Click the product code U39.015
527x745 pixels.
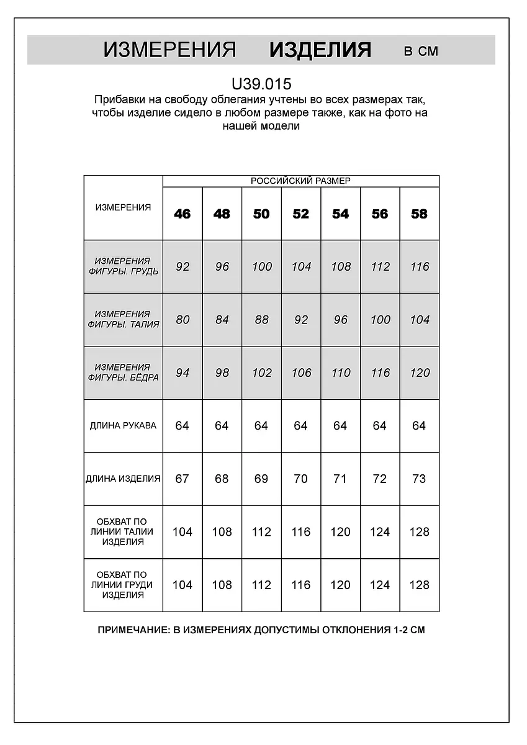[x=261, y=84]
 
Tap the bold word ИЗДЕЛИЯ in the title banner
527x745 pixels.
[x=320, y=50]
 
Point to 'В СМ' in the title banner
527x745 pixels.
[x=421, y=52]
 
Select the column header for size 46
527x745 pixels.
[x=182, y=214]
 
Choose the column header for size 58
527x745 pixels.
[x=420, y=214]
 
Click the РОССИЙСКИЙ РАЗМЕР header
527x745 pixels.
[x=300, y=181]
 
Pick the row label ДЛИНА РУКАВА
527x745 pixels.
[x=123, y=426]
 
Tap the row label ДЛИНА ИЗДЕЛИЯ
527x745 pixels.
[x=123, y=479]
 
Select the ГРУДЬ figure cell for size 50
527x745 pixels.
[x=261, y=267]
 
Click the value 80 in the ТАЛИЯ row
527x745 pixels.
[x=182, y=320]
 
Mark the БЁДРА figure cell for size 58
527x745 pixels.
[x=420, y=373]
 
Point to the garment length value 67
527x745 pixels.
[x=182, y=479]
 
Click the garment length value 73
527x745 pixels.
[x=420, y=479]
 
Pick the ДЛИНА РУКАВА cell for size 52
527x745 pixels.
[x=300, y=426]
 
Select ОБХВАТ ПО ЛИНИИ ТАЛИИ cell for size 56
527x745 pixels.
[x=380, y=532]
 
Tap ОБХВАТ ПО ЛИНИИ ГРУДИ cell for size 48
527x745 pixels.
[x=222, y=585]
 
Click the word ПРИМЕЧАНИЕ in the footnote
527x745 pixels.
[x=132, y=630]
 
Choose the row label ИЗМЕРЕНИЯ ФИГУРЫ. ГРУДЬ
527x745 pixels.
[x=123, y=266]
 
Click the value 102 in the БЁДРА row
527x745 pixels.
[x=261, y=373]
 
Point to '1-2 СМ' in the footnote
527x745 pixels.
[x=408, y=630]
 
